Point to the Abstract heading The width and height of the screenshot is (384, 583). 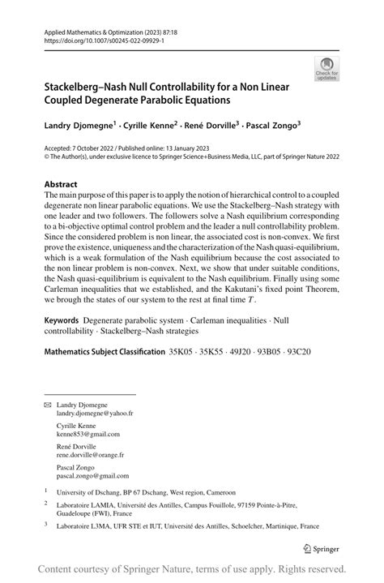(x=61, y=184)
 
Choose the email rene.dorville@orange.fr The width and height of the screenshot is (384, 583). (x=98, y=456)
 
